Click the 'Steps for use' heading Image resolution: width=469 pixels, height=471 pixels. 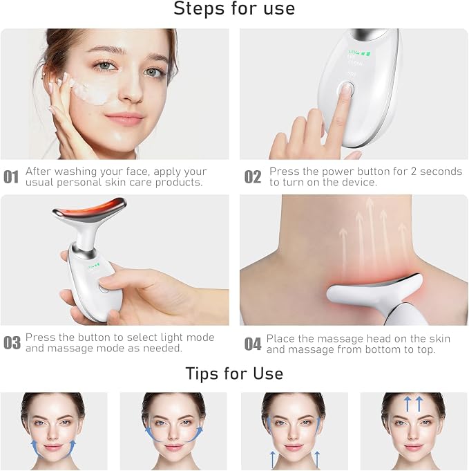pyautogui.click(x=234, y=8)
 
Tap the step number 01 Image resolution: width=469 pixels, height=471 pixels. pyautogui.click(x=11, y=176)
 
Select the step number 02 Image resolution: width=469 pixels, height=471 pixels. pyautogui.click(x=253, y=176)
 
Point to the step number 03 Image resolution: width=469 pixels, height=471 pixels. pyautogui.click(x=12, y=343)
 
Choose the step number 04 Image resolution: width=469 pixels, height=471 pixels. pyautogui.click(x=253, y=344)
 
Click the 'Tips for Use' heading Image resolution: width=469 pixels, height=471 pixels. pyautogui.click(x=234, y=373)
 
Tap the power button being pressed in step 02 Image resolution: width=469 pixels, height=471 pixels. pyautogui.click(x=346, y=89)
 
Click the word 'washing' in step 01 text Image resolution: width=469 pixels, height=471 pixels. pyautogui.click(x=72, y=172)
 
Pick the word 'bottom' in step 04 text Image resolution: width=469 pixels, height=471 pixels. pyautogui.click(x=382, y=349)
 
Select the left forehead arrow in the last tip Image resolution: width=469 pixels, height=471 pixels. pyautogui.click(x=408, y=404)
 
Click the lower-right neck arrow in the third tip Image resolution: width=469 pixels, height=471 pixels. pyautogui.click(x=317, y=459)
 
